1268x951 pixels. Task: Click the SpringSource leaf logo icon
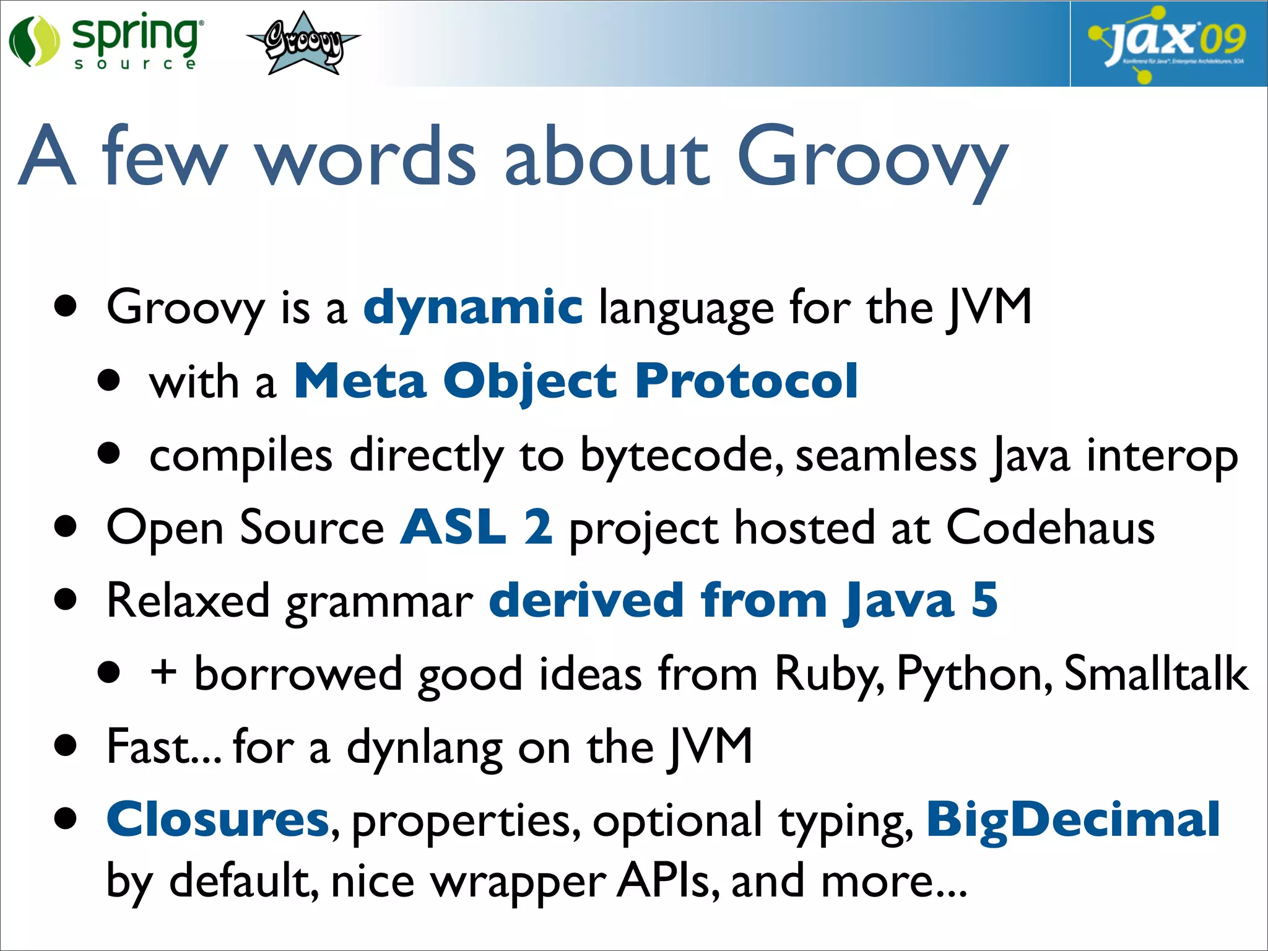click(x=34, y=41)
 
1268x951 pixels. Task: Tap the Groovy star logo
click(x=303, y=44)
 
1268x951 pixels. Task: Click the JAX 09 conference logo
click(x=1168, y=43)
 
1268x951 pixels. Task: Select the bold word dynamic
click(x=472, y=307)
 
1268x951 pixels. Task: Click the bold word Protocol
click(x=746, y=381)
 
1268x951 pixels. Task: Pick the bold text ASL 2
click(x=475, y=527)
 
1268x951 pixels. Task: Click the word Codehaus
click(x=1050, y=527)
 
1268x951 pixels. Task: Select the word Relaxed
click(x=188, y=600)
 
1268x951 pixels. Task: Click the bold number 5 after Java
click(x=984, y=600)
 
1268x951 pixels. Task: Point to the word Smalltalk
click(x=1155, y=673)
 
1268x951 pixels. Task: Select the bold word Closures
click(x=217, y=819)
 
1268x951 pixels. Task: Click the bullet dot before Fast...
click(x=66, y=746)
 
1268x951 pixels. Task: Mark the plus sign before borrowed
click(x=163, y=673)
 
